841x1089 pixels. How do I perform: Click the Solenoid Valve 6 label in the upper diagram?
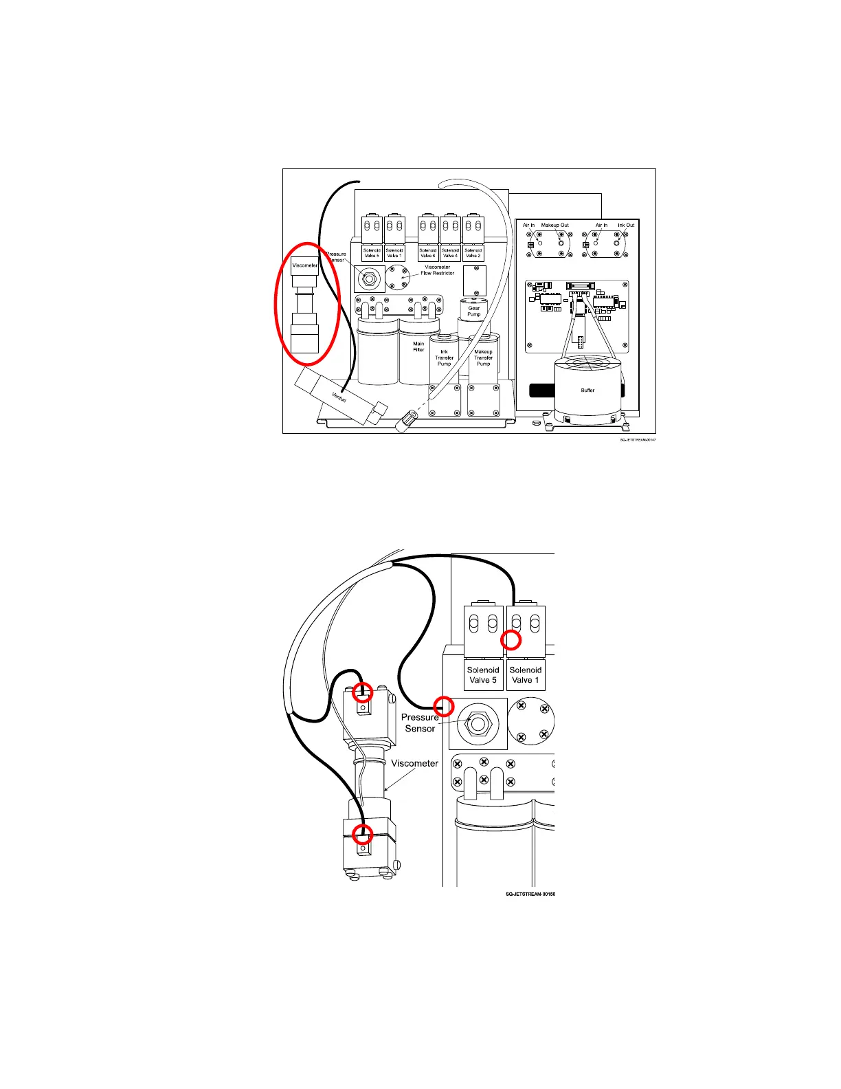[427, 253]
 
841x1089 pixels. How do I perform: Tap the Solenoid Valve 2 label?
[473, 253]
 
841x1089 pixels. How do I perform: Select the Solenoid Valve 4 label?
[450, 253]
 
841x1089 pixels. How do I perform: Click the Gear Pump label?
[474, 311]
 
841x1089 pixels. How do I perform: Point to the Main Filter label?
[418, 346]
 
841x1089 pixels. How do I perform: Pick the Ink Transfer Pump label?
[444, 357]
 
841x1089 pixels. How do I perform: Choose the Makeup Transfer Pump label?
[483, 357]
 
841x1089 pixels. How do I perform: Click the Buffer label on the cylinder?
[587, 390]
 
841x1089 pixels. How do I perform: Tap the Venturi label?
[339, 397]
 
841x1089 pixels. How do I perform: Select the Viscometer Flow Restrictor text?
[437, 270]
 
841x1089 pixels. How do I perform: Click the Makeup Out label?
[554, 225]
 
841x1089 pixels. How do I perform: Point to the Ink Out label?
[626, 225]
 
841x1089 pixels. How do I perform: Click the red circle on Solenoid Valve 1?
[511, 640]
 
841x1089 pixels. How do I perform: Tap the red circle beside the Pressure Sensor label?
[445, 706]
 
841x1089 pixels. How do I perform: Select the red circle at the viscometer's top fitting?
[362, 693]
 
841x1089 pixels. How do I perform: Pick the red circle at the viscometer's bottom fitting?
[362, 835]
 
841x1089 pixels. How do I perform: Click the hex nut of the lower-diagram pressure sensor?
[478, 724]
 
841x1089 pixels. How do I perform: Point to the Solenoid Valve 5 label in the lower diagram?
[483, 675]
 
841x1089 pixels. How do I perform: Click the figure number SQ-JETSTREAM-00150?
[530, 894]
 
